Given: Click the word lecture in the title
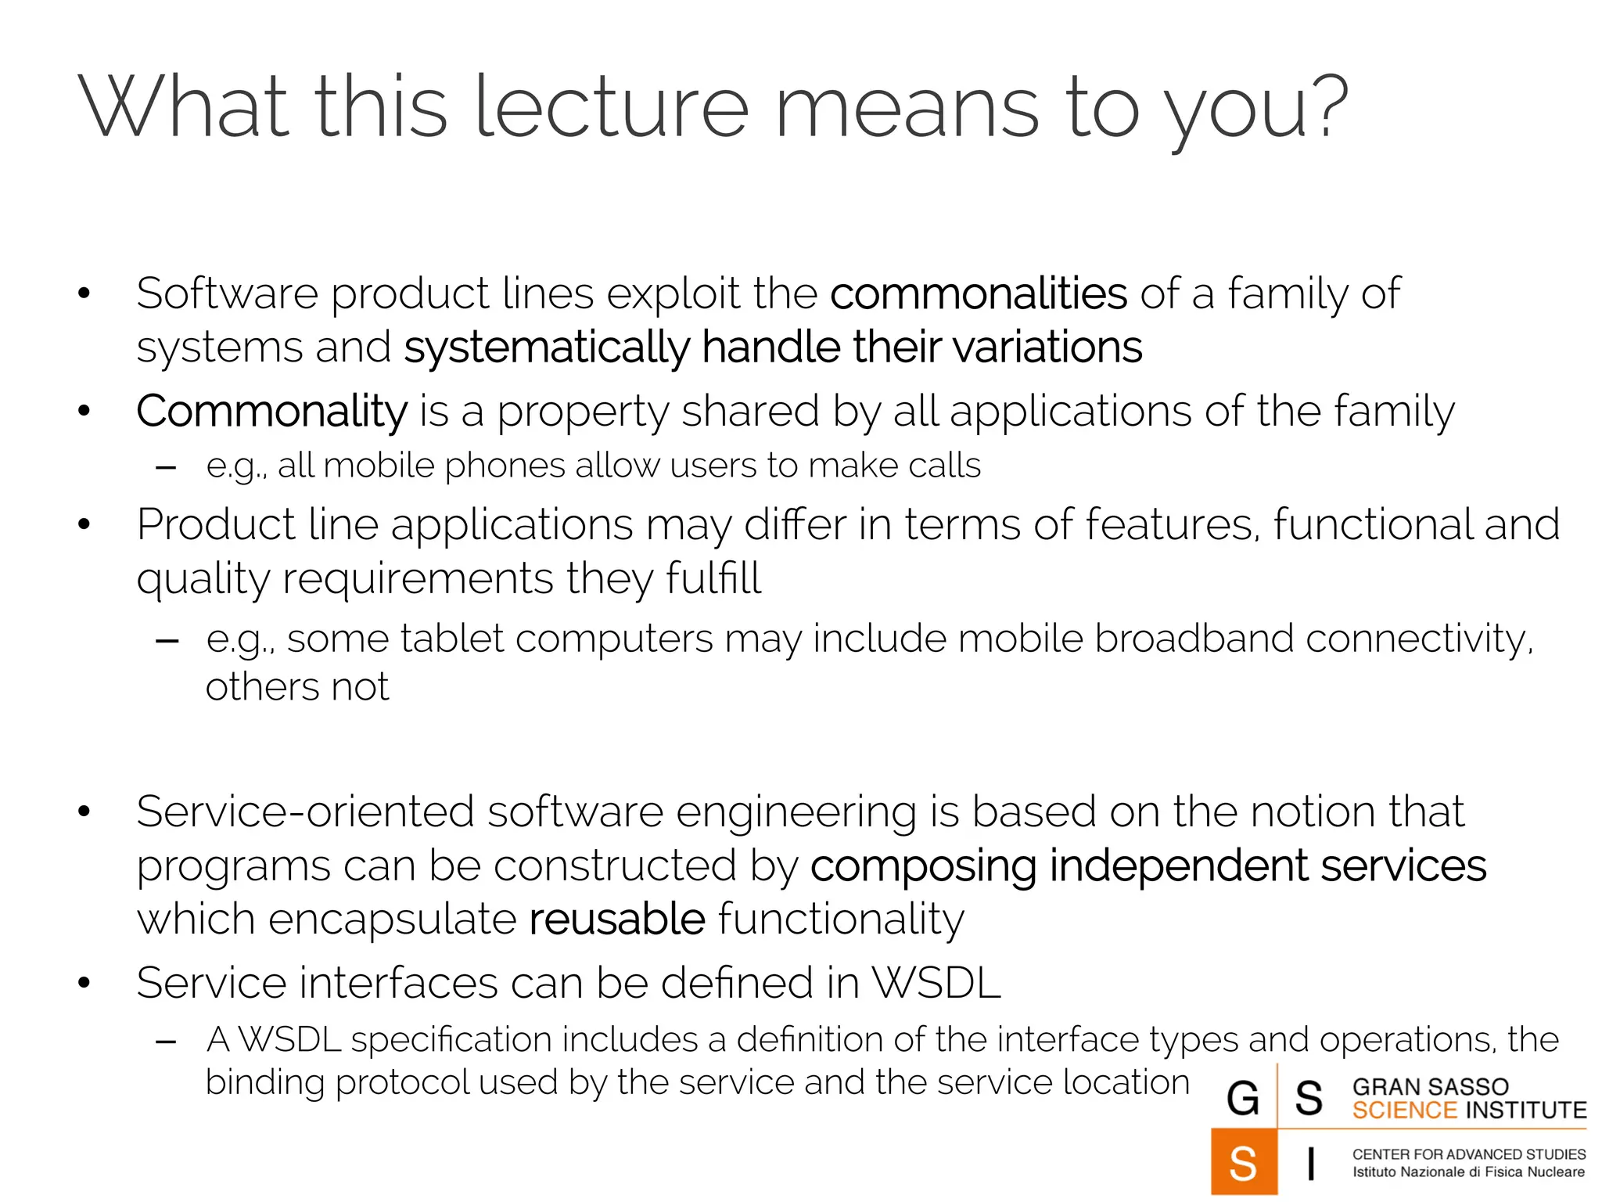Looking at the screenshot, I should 611,108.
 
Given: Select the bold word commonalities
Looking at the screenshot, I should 978,293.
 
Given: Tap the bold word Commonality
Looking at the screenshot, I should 271,411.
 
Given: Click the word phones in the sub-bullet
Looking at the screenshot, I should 505,466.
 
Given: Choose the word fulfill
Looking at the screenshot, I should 713,578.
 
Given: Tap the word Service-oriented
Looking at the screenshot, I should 305,812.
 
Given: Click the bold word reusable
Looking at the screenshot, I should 617,919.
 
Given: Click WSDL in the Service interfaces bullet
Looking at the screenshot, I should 936,983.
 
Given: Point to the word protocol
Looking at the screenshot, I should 402,1083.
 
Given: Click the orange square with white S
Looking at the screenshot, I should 1244,1162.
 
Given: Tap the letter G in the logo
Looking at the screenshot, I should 1243,1097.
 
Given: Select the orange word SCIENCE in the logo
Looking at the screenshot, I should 1404,1110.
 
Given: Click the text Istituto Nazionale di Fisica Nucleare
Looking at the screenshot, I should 1468,1172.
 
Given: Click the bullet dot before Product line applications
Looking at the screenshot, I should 84,524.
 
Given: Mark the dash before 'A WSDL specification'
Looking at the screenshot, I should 166,1042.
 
